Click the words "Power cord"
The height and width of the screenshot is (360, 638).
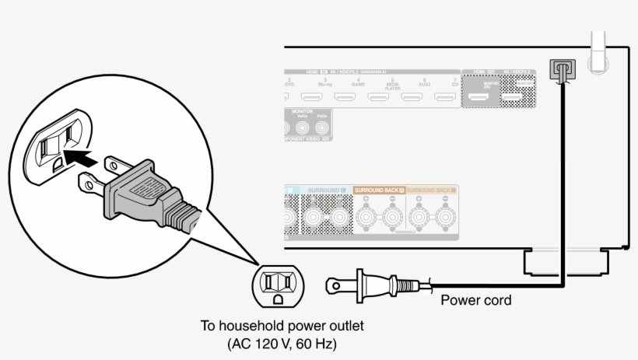click(476, 300)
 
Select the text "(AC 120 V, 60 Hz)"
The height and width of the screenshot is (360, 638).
click(283, 343)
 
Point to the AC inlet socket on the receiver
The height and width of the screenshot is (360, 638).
click(560, 71)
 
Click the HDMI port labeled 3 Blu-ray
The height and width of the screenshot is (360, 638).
click(312, 98)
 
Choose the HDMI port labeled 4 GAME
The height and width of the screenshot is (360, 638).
click(345, 98)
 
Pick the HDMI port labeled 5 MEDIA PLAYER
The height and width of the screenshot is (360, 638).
click(379, 98)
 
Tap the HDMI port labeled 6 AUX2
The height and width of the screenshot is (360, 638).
click(412, 98)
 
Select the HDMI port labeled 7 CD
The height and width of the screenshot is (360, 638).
click(445, 98)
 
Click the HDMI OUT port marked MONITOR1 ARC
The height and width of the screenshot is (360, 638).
click(478, 99)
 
